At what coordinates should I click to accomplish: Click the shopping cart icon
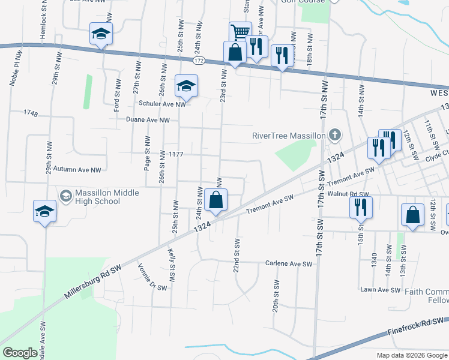pyautogui.click(x=240, y=31)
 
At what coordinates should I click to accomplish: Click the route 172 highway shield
pyautogui.click(x=199, y=61)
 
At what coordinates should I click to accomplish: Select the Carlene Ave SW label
pyautogui.click(x=289, y=263)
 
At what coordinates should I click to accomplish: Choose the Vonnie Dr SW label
pyautogui.click(x=152, y=277)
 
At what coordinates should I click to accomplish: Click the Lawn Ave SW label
pyautogui.click(x=380, y=290)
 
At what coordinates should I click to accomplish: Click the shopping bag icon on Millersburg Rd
pyautogui.click(x=216, y=200)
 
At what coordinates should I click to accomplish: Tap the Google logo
pyautogui.click(x=20, y=352)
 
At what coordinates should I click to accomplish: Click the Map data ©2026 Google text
pyautogui.click(x=412, y=355)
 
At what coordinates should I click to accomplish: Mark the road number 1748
pyautogui.click(x=31, y=113)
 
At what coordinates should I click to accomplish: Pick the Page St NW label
pyautogui.click(x=146, y=153)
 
